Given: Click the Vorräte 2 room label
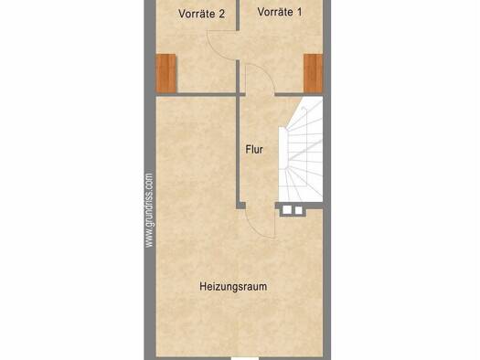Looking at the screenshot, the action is (x=202, y=14).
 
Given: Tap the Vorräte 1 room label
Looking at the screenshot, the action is (x=280, y=12).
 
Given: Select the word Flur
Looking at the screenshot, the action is (x=254, y=150).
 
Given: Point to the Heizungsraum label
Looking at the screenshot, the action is (x=233, y=287).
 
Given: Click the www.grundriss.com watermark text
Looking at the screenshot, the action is (x=149, y=210).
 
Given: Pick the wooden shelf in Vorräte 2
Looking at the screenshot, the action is (x=165, y=73).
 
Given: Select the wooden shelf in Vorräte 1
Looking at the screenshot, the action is (x=314, y=73).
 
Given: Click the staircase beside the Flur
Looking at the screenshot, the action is (x=301, y=149).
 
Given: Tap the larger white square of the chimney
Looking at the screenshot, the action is (x=287, y=210).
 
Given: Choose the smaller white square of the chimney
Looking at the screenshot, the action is (x=298, y=210).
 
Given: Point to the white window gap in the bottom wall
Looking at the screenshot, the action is (x=245, y=358).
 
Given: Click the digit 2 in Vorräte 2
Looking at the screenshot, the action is (x=221, y=14).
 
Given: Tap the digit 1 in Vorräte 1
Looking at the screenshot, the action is (x=299, y=12).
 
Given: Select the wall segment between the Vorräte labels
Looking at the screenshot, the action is (x=237, y=16).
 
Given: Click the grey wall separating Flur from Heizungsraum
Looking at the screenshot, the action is (x=237, y=150).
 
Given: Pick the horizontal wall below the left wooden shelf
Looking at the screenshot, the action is (x=196, y=94).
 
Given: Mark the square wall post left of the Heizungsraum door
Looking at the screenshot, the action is (x=240, y=206).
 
